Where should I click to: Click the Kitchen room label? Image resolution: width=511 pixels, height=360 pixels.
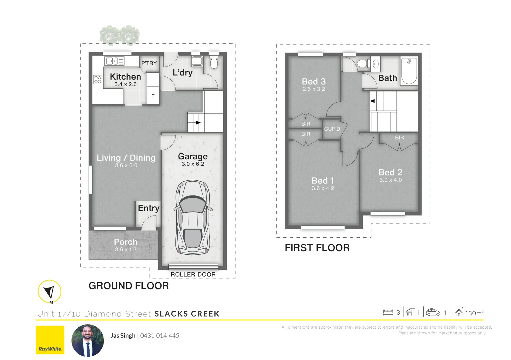[x=125, y=77]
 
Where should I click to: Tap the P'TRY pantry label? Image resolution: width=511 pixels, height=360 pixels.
[x=149, y=63]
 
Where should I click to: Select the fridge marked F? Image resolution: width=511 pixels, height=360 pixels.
[x=153, y=96]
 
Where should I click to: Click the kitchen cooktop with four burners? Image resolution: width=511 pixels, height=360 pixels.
[x=98, y=80]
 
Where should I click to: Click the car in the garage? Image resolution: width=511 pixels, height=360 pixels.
[x=193, y=217]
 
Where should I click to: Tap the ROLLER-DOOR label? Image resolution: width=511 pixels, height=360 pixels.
[x=193, y=275]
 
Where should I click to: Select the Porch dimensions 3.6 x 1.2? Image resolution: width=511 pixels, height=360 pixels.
[x=126, y=250]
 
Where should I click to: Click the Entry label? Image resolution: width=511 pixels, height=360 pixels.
[x=148, y=208]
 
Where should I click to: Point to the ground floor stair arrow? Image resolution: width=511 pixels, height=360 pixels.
[x=198, y=123]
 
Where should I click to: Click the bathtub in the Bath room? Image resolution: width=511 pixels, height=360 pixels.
[x=409, y=71]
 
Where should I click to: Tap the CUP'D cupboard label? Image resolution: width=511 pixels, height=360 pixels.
[x=332, y=129]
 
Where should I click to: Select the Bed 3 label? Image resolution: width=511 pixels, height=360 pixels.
[x=314, y=82]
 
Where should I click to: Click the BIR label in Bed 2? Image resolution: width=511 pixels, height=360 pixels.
[x=399, y=138]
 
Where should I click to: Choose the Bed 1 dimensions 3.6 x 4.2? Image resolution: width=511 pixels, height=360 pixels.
[x=323, y=188]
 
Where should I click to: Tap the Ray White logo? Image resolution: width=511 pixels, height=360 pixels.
[x=50, y=340]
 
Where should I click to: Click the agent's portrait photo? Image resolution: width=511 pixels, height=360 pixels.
[x=88, y=340]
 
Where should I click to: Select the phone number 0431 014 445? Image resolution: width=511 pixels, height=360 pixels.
[x=160, y=336]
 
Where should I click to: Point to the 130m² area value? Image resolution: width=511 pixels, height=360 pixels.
[x=474, y=313]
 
